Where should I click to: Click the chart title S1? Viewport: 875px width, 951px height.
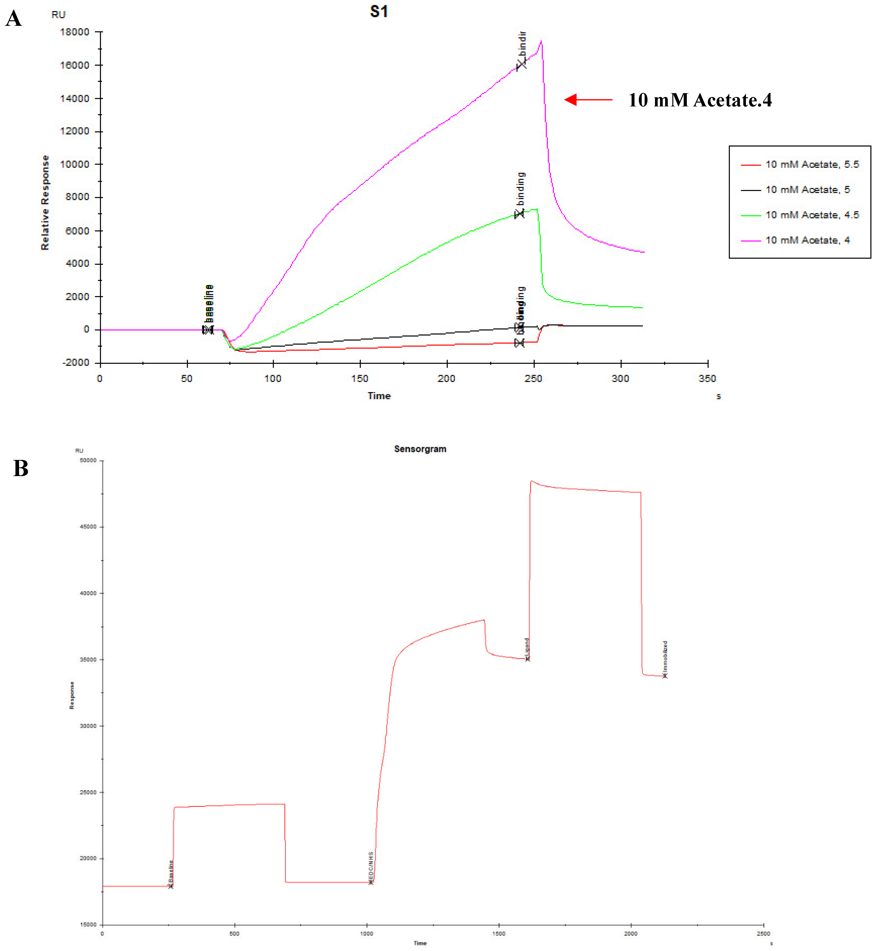[x=379, y=11]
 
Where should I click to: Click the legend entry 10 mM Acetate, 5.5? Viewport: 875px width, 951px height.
[x=812, y=164]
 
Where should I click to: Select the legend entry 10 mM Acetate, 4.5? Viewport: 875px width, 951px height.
[x=812, y=215]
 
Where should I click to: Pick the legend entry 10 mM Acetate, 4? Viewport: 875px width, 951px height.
[x=807, y=240]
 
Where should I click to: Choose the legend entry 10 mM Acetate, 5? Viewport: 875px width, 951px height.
[x=807, y=189]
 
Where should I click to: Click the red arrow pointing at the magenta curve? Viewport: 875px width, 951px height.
[x=588, y=99]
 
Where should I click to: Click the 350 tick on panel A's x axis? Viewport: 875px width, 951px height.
[x=707, y=378]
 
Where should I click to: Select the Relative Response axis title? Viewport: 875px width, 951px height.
[x=45, y=203]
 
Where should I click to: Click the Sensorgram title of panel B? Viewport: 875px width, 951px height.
[x=420, y=449]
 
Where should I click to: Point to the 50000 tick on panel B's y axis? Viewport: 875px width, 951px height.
[x=88, y=460]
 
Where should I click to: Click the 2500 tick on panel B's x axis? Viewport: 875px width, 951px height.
[x=763, y=933]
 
